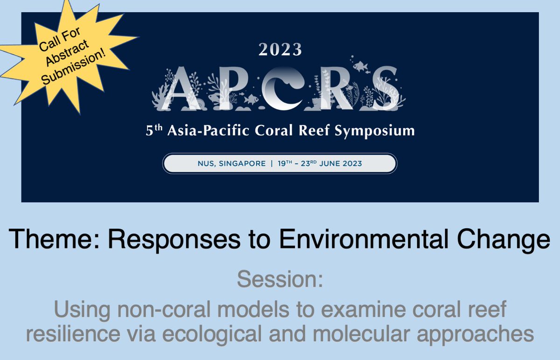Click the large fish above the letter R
point(360,67)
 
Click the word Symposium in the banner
point(380,131)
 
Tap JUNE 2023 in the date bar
point(339,164)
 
